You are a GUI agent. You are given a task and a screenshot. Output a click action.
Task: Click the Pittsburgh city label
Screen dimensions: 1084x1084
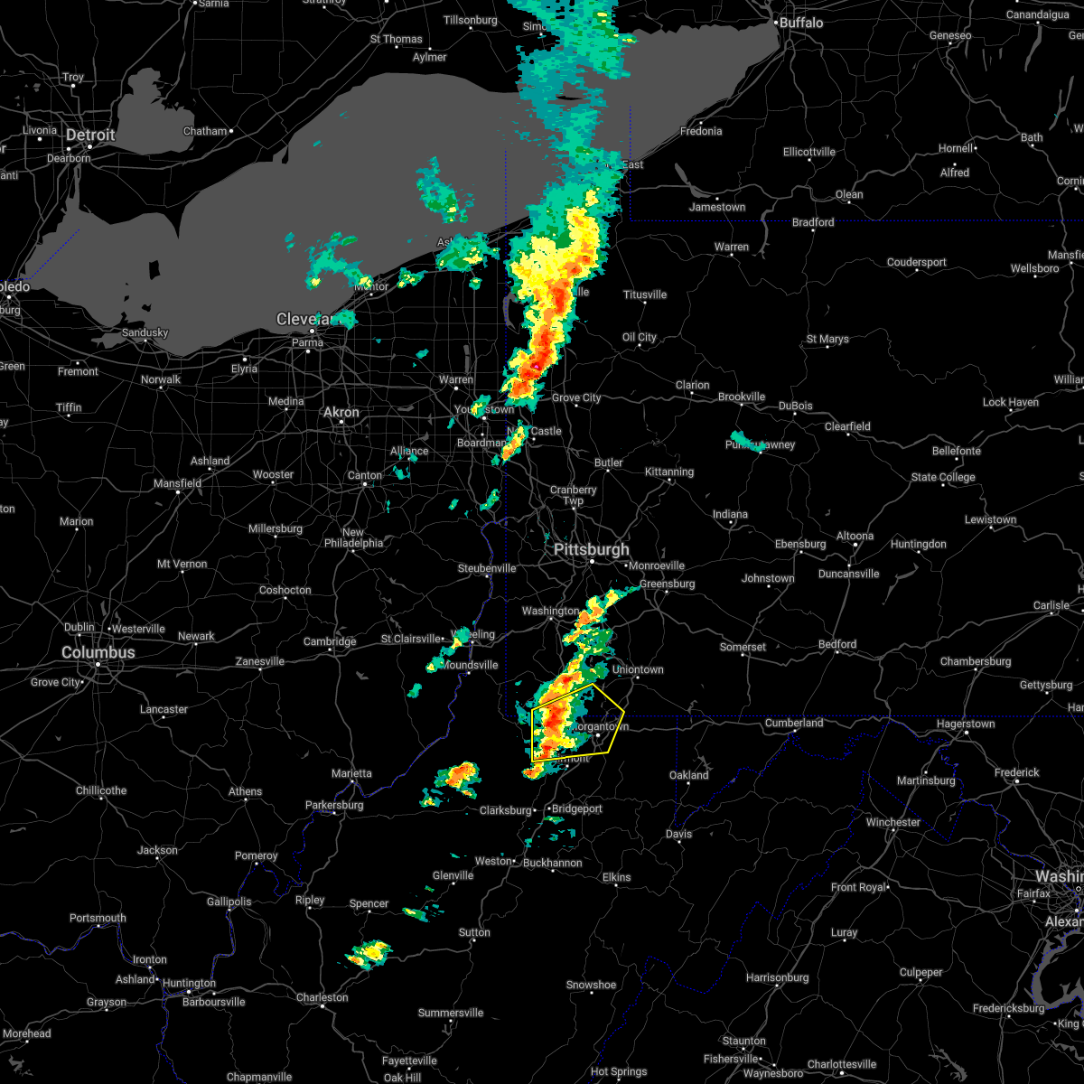click(592, 550)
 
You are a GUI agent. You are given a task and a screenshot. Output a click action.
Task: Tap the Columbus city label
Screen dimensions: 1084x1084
click(98, 652)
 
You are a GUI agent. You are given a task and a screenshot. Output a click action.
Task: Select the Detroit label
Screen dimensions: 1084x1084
click(90, 135)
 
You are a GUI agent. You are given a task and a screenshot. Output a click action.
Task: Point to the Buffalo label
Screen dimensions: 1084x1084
click(800, 23)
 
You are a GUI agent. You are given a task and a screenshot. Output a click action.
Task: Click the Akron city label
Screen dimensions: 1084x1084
click(341, 412)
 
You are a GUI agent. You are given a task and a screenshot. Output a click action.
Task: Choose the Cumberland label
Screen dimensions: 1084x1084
click(794, 723)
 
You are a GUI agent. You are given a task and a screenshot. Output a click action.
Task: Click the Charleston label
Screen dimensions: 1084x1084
click(322, 997)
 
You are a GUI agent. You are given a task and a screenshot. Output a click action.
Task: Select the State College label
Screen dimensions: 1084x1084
click(943, 477)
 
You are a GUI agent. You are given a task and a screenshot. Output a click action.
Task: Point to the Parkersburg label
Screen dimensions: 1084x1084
click(333, 805)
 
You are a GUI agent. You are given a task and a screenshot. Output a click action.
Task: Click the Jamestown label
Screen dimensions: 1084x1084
click(717, 207)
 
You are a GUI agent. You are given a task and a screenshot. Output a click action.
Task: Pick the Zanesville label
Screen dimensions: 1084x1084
click(260, 661)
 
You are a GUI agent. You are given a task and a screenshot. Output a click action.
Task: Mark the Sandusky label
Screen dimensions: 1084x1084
click(145, 332)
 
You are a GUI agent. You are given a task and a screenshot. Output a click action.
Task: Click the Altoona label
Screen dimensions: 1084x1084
click(855, 536)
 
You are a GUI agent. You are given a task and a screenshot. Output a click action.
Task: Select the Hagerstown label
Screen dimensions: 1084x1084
click(965, 724)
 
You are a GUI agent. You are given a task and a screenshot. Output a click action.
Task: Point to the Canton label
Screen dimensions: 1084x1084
click(365, 475)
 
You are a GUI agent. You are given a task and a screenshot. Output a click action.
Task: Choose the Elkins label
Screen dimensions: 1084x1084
click(617, 877)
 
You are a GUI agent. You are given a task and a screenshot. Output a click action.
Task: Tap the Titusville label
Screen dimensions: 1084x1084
click(645, 294)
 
